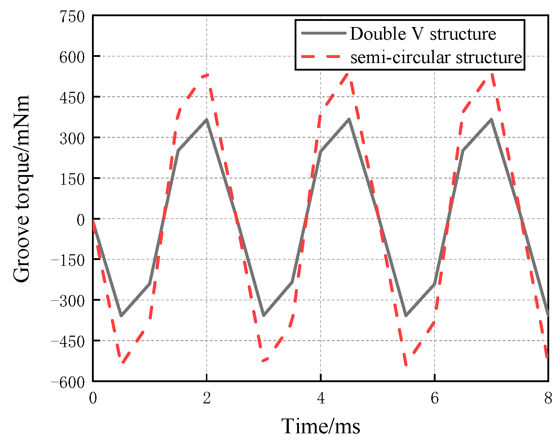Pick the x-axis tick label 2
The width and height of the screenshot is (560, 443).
point(207,398)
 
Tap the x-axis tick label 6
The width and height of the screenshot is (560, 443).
point(435,398)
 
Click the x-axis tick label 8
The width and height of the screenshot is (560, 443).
point(548,398)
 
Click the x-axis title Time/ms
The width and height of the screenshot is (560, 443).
point(321,427)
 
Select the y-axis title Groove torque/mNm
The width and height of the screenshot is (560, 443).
point(22,189)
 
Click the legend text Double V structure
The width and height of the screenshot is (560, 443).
point(423,34)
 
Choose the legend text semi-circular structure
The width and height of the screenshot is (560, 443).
point(436,57)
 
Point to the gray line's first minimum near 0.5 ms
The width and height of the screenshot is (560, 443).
point(122,316)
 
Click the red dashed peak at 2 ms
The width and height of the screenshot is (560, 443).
point(207,75)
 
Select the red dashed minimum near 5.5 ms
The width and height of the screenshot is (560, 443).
point(406,364)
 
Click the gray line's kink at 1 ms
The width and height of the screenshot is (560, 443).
point(150,283)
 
